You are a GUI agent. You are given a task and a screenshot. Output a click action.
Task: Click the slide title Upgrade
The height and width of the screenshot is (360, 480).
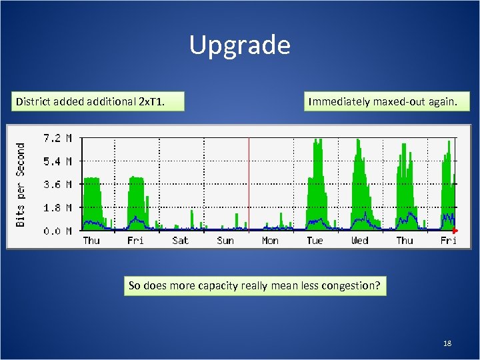pos(240,45)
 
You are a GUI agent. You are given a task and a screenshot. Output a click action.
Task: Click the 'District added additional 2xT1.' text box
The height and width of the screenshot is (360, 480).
pos(99,102)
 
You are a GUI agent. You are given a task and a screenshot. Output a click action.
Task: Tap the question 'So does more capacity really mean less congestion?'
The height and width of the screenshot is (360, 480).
pos(254,286)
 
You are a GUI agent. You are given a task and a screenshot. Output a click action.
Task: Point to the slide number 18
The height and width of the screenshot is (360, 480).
pos(447,343)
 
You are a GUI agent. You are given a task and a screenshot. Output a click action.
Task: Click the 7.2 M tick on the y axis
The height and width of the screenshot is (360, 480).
pos(58,138)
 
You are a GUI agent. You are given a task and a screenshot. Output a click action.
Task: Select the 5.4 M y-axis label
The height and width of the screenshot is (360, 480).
pos(58,161)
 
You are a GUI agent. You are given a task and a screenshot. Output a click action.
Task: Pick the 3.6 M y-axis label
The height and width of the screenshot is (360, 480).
pos(58,185)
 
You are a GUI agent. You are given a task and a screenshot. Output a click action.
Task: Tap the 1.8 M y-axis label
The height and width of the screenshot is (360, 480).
pos(58,208)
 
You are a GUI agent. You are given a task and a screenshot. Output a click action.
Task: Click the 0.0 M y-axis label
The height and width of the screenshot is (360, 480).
pos(58,231)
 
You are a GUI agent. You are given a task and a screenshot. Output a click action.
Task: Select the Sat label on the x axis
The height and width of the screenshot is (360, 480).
pos(180,241)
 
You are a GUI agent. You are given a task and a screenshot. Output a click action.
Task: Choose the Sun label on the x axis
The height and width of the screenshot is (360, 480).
pos(225,241)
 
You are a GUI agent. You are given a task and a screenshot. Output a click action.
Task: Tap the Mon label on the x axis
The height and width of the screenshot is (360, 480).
pos(270,241)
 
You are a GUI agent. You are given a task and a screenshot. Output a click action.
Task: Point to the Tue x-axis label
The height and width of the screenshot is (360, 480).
pos(315,241)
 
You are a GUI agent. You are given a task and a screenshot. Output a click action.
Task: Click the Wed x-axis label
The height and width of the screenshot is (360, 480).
pos(359,241)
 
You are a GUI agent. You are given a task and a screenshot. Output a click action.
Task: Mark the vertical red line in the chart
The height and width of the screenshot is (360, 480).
pos(249,183)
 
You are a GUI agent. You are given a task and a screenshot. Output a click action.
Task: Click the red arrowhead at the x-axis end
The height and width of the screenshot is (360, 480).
pos(455,231)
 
